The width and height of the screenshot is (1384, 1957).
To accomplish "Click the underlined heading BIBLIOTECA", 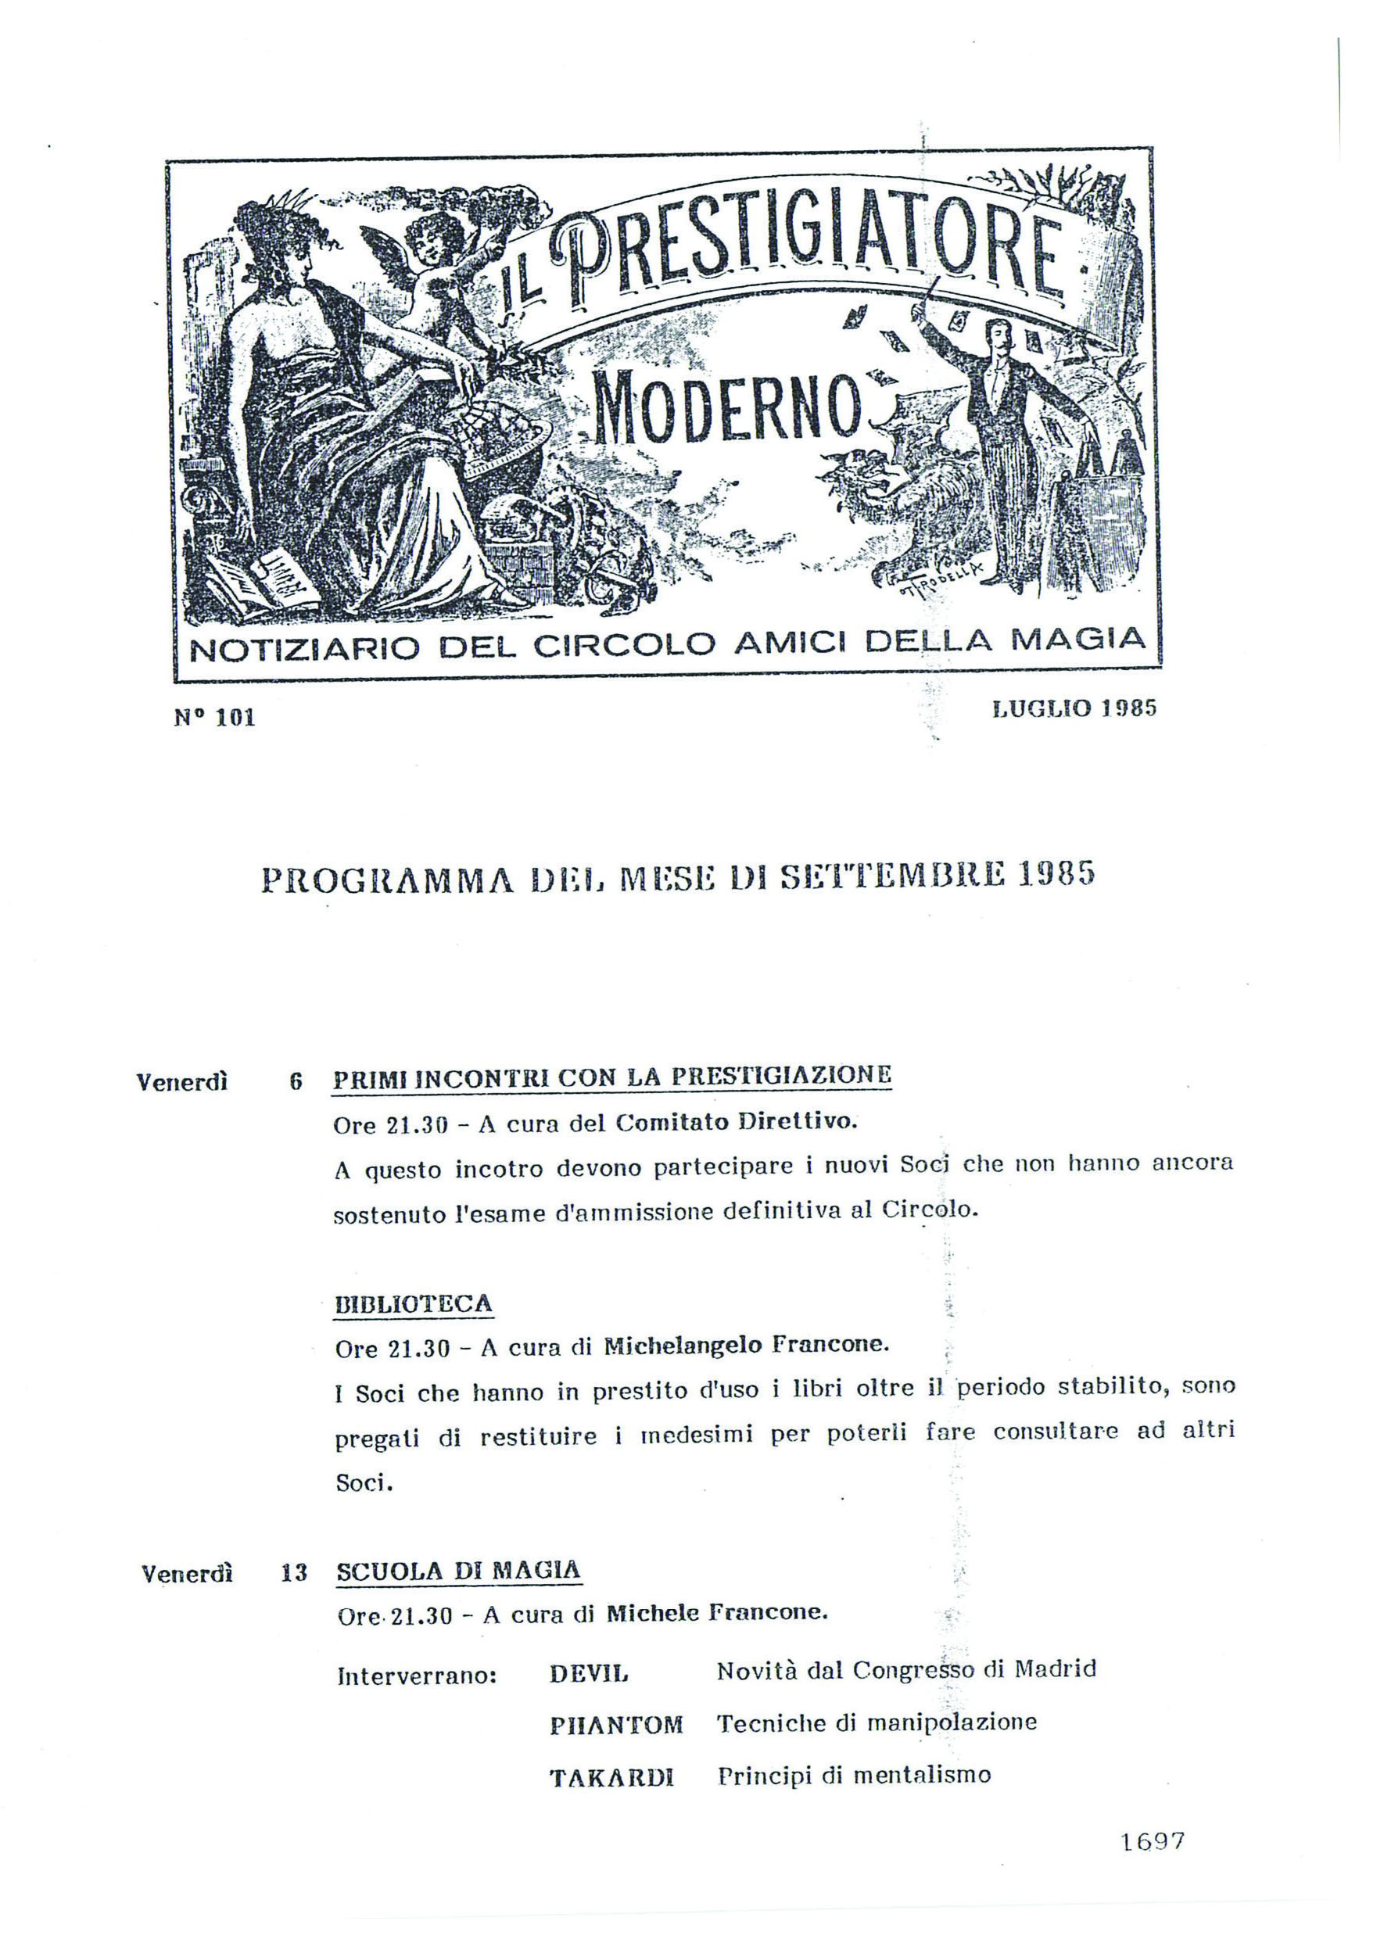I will click(x=413, y=1303).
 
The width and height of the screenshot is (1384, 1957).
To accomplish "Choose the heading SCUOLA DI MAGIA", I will click(x=458, y=1570).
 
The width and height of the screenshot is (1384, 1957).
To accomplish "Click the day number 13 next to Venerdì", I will click(x=293, y=1573).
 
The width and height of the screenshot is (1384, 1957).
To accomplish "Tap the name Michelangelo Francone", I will click(x=746, y=1346).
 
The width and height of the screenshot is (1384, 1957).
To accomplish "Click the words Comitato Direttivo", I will click(x=734, y=1123).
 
